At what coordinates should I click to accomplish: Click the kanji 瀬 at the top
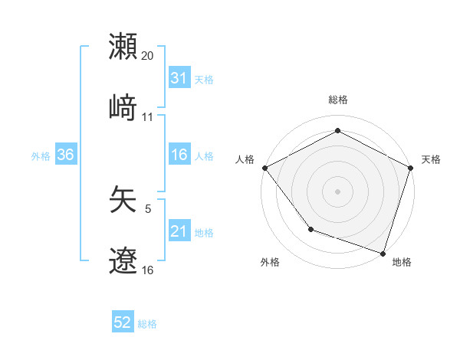(123, 47)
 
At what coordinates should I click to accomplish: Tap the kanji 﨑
(123, 108)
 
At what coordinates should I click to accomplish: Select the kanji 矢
(123, 199)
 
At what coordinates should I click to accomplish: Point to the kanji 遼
(123, 260)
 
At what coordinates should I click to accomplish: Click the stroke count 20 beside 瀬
(148, 56)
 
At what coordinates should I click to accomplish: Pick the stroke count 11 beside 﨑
(148, 117)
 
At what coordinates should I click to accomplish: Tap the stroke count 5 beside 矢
(148, 208)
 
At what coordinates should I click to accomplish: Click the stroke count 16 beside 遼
(148, 270)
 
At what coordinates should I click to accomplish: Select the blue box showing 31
(179, 78)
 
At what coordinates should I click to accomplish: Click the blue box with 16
(179, 155)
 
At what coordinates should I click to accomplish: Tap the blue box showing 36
(66, 155)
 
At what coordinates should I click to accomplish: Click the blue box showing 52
(123, 323)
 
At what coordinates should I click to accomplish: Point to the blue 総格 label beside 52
(147, 324)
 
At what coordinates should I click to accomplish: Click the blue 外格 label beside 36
(41, 155)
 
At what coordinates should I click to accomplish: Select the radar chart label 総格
(337, 100)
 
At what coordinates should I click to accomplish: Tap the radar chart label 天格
(431, 159)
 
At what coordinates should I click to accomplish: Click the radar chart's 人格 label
(245, 159)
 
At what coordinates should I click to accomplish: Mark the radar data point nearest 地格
(383, 253)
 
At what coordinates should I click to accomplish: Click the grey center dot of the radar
(337, 191)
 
